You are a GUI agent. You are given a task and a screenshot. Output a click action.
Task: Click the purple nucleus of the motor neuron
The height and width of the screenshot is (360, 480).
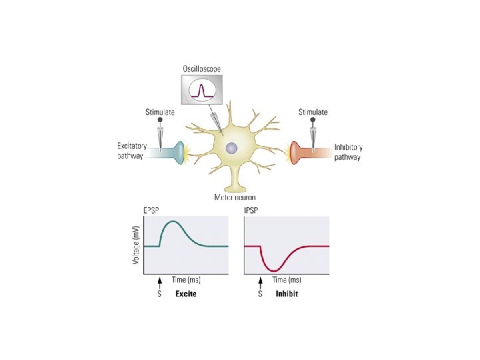click(x=230, y=149)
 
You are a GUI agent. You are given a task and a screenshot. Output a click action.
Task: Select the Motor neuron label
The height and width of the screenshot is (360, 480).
click(x=235, y=197)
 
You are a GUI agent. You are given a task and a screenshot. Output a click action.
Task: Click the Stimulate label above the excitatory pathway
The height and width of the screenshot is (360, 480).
click(x=160, y=112)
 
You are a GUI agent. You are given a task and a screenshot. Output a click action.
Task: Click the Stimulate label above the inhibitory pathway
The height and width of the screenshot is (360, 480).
click(x=313, y=112)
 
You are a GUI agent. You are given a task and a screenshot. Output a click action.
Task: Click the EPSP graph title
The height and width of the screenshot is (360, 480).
click(x=153, y=210)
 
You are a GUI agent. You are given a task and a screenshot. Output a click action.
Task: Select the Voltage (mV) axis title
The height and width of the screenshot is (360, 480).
click(x=136, y=243)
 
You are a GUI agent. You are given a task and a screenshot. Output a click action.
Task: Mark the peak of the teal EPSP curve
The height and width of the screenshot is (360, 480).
click(x=173, y=221)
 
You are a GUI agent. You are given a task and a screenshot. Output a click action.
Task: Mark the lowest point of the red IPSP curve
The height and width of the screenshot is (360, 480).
click(x=275, y=270)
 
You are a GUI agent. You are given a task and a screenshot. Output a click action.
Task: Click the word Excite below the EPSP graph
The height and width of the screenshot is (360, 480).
click(x=185, y=295)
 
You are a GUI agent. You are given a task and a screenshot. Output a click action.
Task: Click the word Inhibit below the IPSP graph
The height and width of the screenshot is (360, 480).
click(x=287, y=295)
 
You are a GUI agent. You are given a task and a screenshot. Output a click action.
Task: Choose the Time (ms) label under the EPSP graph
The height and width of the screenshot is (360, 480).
click(x=186, y=280)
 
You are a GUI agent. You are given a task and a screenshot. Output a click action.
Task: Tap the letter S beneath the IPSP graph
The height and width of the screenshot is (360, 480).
click(x=259, y=295)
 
